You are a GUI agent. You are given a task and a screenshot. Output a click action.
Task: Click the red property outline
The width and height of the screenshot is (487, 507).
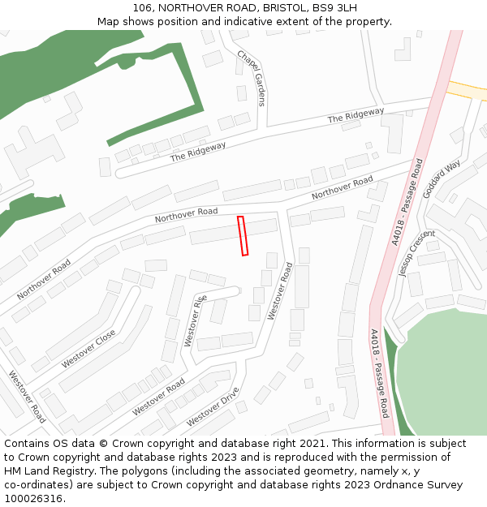point(243,236)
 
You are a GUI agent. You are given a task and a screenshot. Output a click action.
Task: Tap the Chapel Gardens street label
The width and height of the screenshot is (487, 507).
point(252,78)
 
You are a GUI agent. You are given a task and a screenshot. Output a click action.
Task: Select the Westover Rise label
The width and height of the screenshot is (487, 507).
point(195,320)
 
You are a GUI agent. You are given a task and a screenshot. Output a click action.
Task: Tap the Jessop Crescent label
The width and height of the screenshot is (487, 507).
point(416,253)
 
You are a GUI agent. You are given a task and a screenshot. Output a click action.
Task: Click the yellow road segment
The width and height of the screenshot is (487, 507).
point(466,90)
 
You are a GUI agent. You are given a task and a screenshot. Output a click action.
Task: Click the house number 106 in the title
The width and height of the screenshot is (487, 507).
point(143,8)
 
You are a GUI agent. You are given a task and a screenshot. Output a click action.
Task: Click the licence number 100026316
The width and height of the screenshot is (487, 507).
point(32,498)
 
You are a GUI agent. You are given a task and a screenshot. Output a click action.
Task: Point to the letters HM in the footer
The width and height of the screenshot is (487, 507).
point(13,471)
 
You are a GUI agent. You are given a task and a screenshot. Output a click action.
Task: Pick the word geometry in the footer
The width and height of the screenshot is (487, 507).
point(300,471)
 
